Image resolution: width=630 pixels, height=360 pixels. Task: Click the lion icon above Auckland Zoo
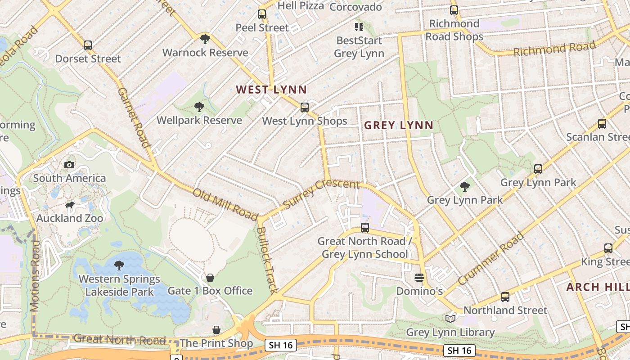(69, 205)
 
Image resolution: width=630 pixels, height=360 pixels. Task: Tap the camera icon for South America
(69, 165)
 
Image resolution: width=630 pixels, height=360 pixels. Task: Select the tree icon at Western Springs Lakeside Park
(119, 265)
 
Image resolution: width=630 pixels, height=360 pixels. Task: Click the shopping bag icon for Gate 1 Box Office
(210, 278)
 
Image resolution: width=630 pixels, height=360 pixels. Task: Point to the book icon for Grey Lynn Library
(450, 319)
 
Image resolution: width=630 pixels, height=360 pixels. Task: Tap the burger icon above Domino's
(419, 278)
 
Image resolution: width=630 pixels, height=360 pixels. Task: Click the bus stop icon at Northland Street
(505, 297)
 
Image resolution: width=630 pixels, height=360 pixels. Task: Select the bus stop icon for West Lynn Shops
(305, 108)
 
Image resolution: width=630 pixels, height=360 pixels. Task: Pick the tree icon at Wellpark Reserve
(199, 107)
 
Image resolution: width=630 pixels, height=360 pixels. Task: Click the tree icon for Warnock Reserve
(205, 39)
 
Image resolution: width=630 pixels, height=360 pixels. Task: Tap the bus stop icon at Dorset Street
(88, 45)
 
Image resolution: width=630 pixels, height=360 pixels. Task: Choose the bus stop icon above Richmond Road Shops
(454, 10)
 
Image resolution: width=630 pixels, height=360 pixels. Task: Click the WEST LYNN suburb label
(271, 90)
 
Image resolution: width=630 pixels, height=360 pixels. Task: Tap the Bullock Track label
(267, 260)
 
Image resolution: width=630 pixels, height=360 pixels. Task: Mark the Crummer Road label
(491, 258)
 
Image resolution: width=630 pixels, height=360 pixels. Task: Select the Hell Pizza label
(301, 6)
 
